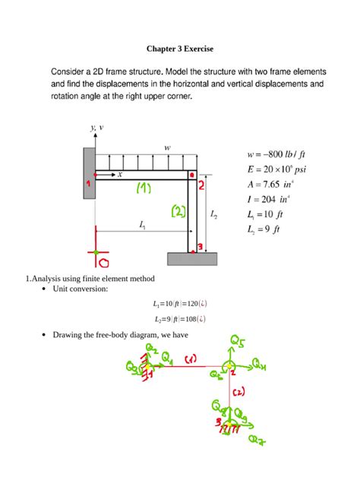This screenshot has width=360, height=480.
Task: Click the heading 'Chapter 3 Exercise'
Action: pos(180,49)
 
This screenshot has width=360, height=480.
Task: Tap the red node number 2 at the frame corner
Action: pos(201,184)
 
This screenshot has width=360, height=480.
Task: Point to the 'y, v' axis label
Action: pos(96,128)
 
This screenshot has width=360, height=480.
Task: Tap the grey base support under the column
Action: pos(193,258)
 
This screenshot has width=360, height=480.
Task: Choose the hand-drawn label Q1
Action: pos(167,359)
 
